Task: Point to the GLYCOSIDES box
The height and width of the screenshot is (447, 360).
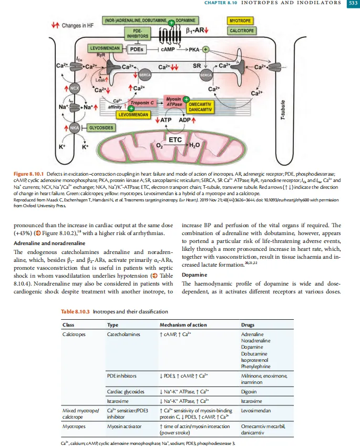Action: tap(99, 127)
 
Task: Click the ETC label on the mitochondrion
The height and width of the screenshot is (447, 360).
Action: tap(174, 140)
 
